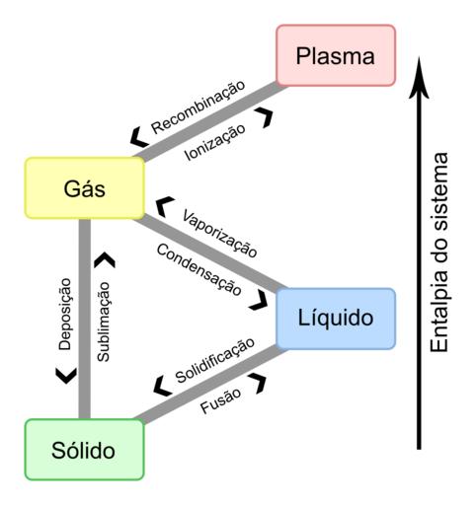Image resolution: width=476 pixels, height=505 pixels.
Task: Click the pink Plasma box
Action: [336, 55]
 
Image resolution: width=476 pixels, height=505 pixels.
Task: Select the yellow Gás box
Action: [85, 188]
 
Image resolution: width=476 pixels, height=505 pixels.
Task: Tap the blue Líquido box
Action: [336, 319]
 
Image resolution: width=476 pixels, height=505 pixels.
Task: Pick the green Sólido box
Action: [85, 450]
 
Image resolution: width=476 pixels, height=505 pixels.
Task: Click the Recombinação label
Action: [198, 108]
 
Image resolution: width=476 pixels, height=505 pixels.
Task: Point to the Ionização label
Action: [215, 142]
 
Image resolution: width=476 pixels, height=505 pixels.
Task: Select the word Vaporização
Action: [219, 234]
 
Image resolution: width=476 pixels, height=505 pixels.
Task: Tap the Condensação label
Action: [199, 270]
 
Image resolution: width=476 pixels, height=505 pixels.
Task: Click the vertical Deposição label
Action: [65, 314]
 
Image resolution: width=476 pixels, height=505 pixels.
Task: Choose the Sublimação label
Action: [104, 322]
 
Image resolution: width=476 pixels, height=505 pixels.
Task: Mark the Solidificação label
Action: [215, 361]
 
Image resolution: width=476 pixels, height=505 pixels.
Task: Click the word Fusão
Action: [220, 400]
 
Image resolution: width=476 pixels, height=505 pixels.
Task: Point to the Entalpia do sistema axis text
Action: [439, 252]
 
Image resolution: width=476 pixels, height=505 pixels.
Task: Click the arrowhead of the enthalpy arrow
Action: [419, 78]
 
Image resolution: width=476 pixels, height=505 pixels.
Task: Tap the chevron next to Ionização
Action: [264, 117]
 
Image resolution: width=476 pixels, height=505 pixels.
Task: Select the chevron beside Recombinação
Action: [138, 137]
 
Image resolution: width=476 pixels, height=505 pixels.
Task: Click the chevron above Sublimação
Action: [105, 259]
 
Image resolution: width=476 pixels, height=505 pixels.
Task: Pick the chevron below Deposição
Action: [66, 376]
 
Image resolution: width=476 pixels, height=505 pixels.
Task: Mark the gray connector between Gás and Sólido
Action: [85, 319]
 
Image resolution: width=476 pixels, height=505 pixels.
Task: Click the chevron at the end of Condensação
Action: [259, 300]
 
